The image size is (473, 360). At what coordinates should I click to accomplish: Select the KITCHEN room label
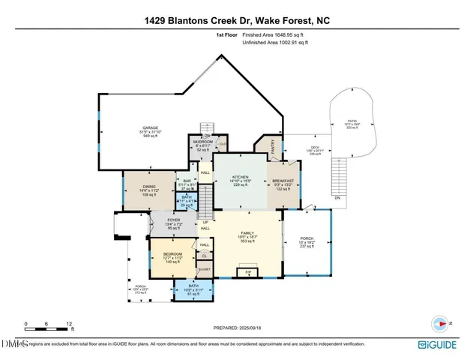(x=238, y=177)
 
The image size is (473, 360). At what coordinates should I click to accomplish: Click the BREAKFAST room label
(x=283, y=181)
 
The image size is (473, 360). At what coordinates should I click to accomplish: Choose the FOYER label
(x=173, y=220)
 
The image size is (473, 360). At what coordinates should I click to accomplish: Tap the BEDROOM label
(x=173, y=254)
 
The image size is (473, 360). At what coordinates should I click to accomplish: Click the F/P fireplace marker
(x=247, y=271)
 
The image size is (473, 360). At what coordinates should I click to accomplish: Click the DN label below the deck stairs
(x=337, y=197)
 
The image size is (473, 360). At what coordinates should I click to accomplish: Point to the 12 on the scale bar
(x=70, y=324)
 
